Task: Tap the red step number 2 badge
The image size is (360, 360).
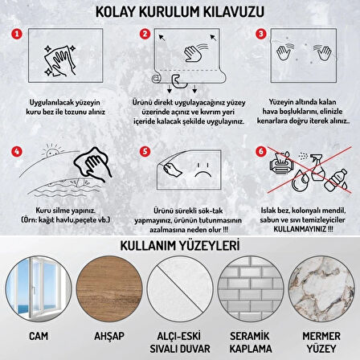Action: click(145, 35)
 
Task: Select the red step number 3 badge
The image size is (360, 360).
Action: click(261, 35)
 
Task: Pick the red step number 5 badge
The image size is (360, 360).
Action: click(145, 127)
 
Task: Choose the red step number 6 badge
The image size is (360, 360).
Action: click(261, 127)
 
